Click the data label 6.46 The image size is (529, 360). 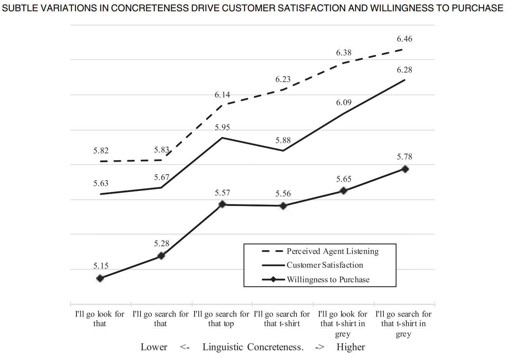[404, 39]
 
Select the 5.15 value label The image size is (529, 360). [101, 266]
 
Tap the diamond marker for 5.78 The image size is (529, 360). [405, 169]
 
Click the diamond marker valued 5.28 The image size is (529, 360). [161, 256]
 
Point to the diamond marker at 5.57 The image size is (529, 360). [222, 204]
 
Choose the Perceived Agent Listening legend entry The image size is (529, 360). [332, 251]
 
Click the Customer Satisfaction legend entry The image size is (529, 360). [324, 265]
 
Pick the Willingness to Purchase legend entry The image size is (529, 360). [328, 280]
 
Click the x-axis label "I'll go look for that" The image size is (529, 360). [100, 319]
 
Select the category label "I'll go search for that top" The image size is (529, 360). [221, 319]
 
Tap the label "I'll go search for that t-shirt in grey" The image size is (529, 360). [403, 324]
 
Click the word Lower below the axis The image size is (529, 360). [154, 347]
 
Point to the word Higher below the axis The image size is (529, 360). [350, 347]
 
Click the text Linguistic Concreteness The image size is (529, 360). [253, 347]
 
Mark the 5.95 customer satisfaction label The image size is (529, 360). [222, 127]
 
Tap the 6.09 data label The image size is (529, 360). [344, 102]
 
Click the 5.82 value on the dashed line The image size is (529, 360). [101, 151]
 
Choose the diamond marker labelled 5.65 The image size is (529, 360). [343, 191]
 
